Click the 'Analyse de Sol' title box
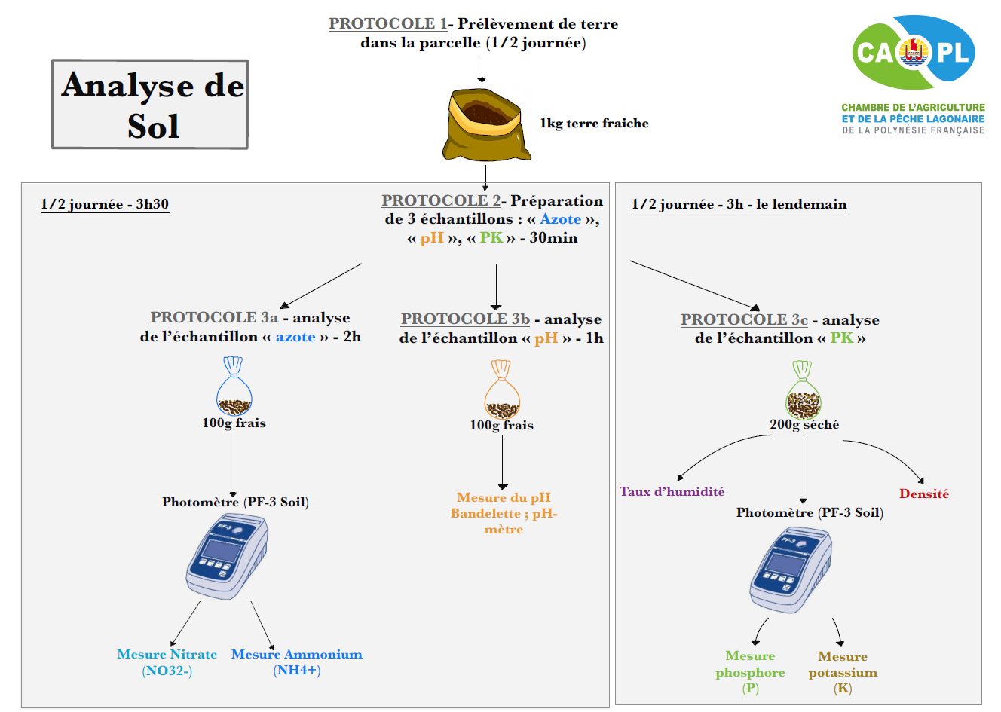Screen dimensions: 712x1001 click(x=150, y=104)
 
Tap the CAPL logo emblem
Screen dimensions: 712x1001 click(x=914, y=52)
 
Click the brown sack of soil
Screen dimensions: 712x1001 click(x=484, y=124)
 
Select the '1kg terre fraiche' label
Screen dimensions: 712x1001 click(x=594, y=124)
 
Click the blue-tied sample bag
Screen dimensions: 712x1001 click(x=234, y=387)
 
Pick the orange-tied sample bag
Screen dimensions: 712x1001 click(x=502, y=390)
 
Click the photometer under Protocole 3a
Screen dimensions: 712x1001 click(x=228, y=557)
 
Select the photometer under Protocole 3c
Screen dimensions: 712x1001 click(x=791, y=570)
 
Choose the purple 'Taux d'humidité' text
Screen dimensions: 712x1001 click(x=672, y=491)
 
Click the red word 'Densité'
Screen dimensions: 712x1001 click(x=923, y=494)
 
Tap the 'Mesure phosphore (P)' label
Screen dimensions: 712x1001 click(x=750, y=671)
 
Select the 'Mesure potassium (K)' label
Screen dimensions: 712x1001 click(x=843, y=672)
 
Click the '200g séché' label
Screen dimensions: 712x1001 click(x=804, y=425)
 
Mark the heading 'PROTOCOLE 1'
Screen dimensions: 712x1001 click(x=387, y=23)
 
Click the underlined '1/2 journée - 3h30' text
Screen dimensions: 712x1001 click(x=105, y=204)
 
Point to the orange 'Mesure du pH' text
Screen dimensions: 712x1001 click(x=504, y=497)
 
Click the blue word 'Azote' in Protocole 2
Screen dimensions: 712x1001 click(x=560, y=219)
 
